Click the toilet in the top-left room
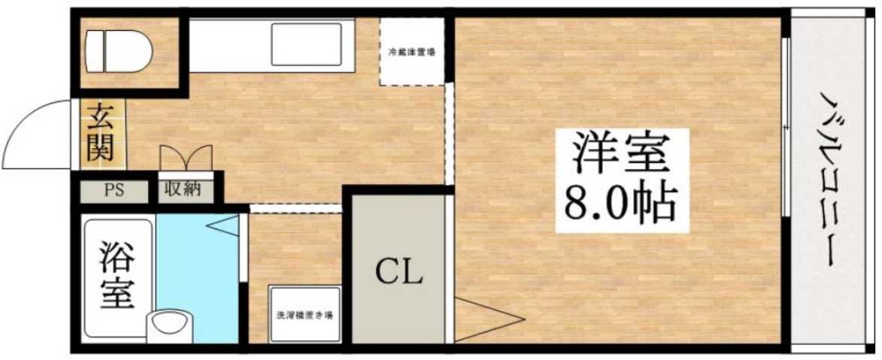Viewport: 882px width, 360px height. [118, 50]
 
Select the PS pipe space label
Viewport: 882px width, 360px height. [115, 189]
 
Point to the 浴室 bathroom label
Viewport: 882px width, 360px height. [117, 276]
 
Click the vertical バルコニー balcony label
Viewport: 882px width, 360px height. [829, 180]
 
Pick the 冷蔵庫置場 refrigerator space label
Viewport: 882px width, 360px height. [411, 53]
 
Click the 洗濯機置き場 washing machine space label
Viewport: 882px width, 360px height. [305, 315]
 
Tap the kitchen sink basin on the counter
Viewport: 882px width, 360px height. [307, 46]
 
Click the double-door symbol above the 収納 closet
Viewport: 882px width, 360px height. [186, 159]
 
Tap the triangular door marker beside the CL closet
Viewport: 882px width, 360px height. [485, 319]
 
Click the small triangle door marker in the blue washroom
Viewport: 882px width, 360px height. [223, 225]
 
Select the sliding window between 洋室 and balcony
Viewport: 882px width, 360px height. [786, 128]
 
